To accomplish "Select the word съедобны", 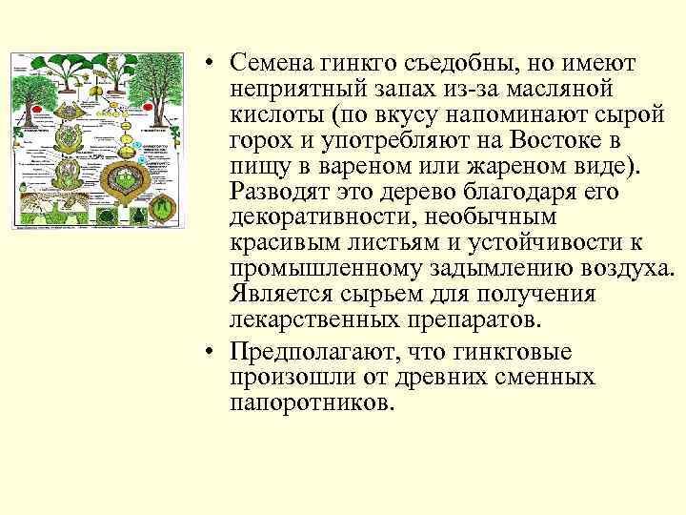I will [x=474, y=64].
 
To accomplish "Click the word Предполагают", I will [x=307, y=353].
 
